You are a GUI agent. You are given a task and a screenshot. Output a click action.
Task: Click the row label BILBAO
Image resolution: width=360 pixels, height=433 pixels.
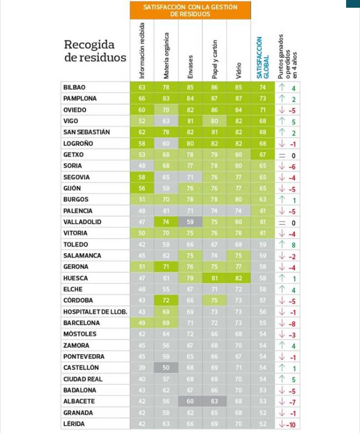coord(74,88)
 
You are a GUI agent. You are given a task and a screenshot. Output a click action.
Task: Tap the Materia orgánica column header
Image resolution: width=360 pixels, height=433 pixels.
coord(166,54)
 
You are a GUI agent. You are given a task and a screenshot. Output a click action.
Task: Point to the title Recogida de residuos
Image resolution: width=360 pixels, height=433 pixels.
coord(95,51)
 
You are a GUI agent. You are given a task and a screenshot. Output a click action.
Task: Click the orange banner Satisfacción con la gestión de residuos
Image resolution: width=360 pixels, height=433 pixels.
coord(190,10)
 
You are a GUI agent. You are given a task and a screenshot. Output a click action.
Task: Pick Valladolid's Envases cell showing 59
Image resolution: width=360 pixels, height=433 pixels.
coord(190,222)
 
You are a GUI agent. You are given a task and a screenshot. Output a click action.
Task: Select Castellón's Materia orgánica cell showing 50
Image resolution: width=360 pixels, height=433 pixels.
coord(166,368)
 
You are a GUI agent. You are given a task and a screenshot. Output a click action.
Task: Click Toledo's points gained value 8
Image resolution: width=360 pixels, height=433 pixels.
coord(293,244)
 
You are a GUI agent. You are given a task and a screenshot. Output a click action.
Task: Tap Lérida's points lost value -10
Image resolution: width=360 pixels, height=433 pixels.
coord(291,424)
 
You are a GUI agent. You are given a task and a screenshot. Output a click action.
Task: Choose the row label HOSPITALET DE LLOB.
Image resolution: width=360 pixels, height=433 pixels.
coord(95,312)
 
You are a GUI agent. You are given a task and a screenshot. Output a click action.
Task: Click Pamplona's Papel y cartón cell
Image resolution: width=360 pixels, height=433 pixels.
coord(214,99)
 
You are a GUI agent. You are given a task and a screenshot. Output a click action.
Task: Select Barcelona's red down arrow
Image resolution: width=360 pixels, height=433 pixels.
coord(282,323)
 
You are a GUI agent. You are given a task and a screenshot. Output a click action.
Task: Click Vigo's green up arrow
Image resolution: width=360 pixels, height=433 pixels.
coord(282,121)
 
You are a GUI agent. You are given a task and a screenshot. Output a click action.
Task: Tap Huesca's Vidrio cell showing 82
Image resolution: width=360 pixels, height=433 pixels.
coord(239,278)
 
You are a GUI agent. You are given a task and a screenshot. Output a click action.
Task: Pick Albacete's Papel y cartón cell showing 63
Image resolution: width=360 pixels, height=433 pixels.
coord(214,401)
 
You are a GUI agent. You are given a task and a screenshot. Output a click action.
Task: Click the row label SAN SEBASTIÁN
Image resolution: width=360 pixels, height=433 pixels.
coord(87,132)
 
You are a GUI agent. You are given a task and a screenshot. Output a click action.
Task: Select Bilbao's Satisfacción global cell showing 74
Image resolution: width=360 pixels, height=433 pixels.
coord(262,88)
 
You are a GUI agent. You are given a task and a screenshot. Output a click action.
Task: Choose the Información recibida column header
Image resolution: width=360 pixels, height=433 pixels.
coord(142,50)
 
